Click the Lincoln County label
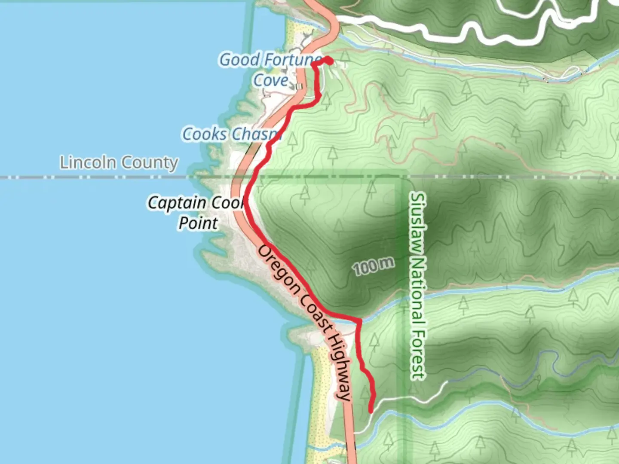119,163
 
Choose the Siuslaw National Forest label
417,286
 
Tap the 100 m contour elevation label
373,267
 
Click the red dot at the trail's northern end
328,60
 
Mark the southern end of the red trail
371,411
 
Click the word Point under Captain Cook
198,223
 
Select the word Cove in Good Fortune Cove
271,80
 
